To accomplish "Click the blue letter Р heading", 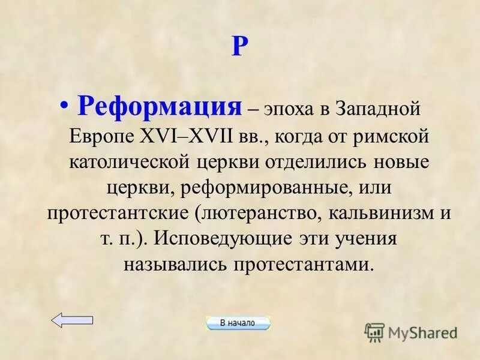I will tap(239, 47).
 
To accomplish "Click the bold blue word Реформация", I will tap(159, 108).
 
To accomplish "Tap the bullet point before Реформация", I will tap(65, 107).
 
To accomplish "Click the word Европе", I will tap(104, 137).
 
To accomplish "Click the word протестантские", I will tap(112, 214).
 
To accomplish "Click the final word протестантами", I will tap(316, 265).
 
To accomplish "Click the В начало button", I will tap(238, 323).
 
